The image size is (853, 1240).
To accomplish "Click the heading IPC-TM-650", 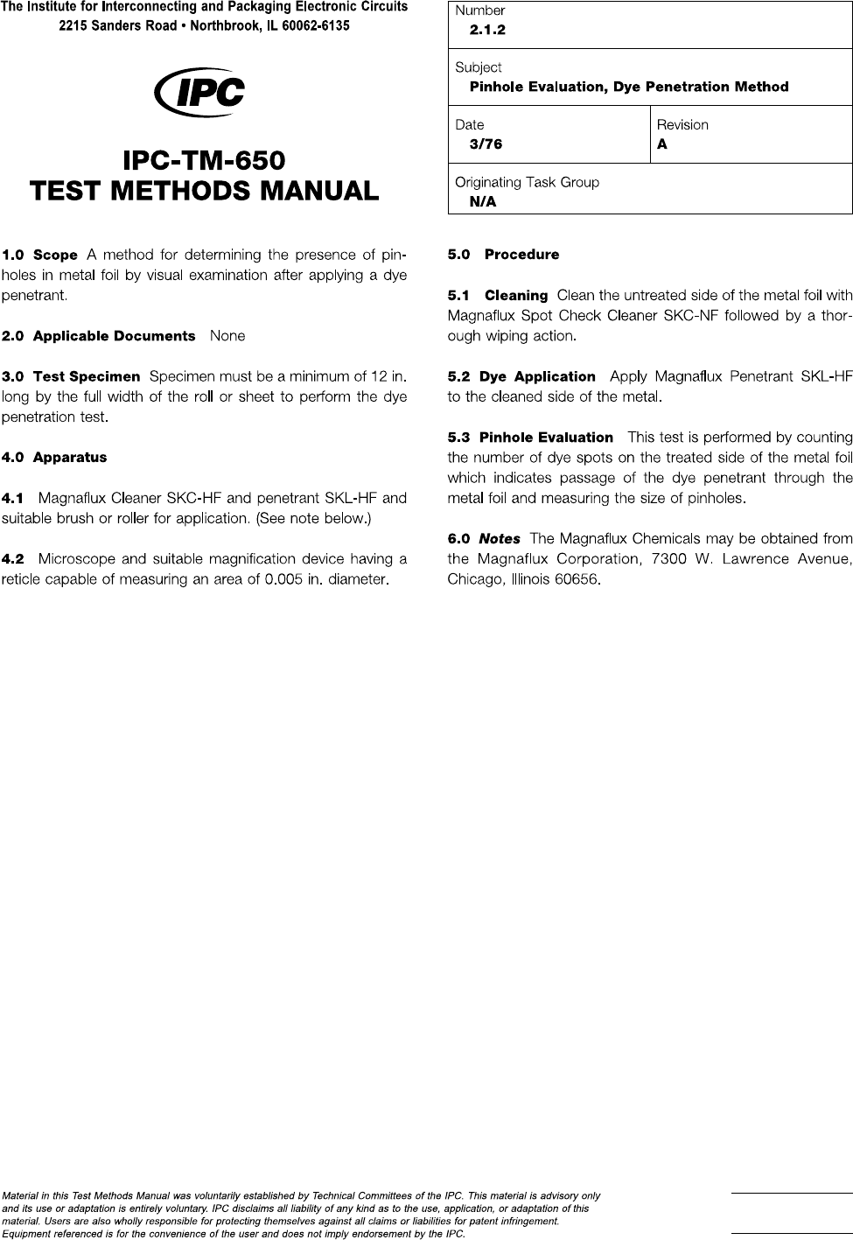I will [204, 161].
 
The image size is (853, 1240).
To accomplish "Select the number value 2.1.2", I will [487, 30].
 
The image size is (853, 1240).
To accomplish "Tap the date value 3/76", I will [486, 144].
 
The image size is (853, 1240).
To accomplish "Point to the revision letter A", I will [662, 144].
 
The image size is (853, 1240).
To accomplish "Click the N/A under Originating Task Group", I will [482, 202].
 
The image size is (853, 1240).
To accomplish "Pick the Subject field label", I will [478, 67].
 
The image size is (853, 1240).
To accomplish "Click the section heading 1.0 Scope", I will [40, 256].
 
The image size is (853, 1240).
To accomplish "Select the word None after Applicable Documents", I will [227, 336].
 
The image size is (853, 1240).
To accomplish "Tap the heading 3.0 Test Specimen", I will [71, 376].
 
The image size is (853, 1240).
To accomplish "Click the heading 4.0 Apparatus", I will [54, 458].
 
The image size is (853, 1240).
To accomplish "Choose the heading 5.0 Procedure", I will [503, 255].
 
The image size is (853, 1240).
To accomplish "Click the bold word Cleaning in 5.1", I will [516, 296].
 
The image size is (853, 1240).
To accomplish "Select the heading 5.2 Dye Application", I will [521, 376].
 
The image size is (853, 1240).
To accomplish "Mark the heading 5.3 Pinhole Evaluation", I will [530, 438].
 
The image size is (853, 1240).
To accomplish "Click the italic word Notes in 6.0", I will [500, 539].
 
